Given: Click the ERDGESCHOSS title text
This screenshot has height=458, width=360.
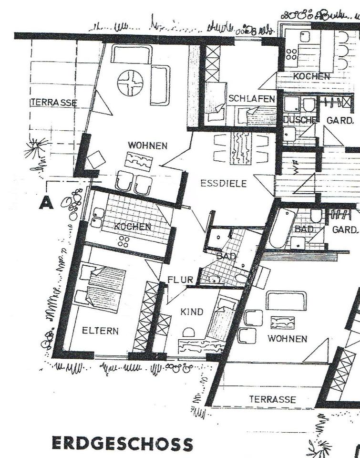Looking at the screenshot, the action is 123,443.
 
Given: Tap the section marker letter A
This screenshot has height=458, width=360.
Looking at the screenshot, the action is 46,202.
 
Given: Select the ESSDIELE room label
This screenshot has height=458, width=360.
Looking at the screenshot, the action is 224,183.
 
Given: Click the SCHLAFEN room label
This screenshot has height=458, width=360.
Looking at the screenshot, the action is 252,99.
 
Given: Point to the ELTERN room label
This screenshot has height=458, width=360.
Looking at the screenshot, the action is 100,331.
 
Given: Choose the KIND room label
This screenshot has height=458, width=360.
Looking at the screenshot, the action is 192,312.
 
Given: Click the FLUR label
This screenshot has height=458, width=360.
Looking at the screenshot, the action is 180,280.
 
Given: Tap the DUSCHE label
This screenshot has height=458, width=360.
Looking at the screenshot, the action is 300,120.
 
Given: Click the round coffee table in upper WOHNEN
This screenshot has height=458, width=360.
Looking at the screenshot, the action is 130,83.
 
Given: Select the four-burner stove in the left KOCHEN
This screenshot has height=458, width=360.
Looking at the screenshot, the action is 124,241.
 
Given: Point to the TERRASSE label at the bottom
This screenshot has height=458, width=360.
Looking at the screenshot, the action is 272,399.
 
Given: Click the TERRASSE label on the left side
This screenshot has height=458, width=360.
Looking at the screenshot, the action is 54,103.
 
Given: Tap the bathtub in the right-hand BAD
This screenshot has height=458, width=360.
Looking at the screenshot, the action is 282,229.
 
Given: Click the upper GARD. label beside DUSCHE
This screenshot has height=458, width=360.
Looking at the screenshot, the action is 339,120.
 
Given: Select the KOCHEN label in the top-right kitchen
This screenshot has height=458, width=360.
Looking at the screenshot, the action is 311,76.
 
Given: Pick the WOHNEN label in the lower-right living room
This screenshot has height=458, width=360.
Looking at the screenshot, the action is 288,339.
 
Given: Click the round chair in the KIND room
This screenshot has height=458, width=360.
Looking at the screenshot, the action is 189,333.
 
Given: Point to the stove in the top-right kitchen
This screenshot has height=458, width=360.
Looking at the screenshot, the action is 291,54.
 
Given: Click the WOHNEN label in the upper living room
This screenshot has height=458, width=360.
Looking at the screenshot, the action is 148,145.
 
